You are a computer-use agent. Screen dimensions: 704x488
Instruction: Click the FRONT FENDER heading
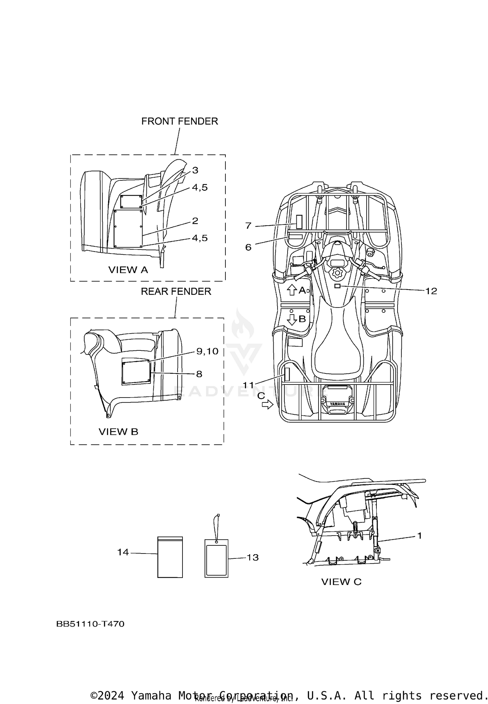coord(179,121)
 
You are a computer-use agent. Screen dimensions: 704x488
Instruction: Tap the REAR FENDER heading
coord(176,291)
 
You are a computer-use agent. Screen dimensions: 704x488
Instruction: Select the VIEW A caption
coord(128,269)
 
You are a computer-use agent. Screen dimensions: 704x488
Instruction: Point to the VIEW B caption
coord(118,432)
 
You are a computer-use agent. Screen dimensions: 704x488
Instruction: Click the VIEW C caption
coord(341,581)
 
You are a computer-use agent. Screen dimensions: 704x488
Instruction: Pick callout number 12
coord(431,291)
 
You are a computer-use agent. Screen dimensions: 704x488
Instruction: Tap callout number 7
coord(249,226)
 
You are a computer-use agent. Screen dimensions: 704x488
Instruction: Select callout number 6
coord(248,247)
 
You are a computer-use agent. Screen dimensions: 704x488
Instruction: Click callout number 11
coord(249,385)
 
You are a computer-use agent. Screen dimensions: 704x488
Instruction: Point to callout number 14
coord(123,552)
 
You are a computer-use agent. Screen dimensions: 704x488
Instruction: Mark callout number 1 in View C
coord(419,535)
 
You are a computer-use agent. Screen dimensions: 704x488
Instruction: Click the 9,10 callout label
coord(207,351)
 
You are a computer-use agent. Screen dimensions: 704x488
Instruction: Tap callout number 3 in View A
coord(195,170)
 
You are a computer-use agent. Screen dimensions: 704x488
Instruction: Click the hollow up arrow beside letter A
coord(292,290)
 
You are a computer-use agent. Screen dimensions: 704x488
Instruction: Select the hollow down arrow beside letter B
coord(292,319)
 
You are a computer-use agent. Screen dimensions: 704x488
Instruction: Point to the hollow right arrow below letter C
coord(267,405)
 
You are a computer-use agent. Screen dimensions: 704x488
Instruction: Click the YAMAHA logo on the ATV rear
coord(337,404)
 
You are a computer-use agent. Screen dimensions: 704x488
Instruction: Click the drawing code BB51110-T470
coord(90,624)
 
